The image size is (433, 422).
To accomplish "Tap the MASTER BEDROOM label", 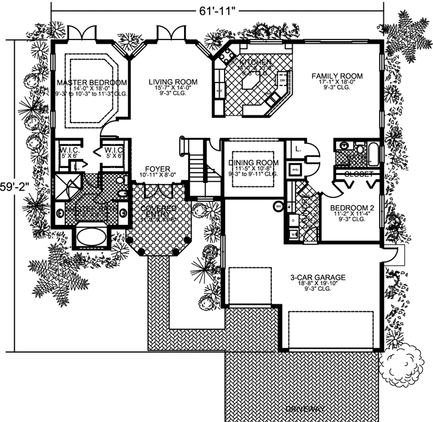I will pyautogui.click(x=92, y=82).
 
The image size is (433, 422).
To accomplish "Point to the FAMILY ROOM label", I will pyautogui.click(x=337, y=76).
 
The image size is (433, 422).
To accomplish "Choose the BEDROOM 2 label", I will pyautogui.click(x=352, y=208).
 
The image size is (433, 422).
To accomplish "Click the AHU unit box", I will pyautogui.click(x=295, y=170).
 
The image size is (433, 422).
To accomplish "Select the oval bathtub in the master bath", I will pyautogui.click(x=91, y=233).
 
